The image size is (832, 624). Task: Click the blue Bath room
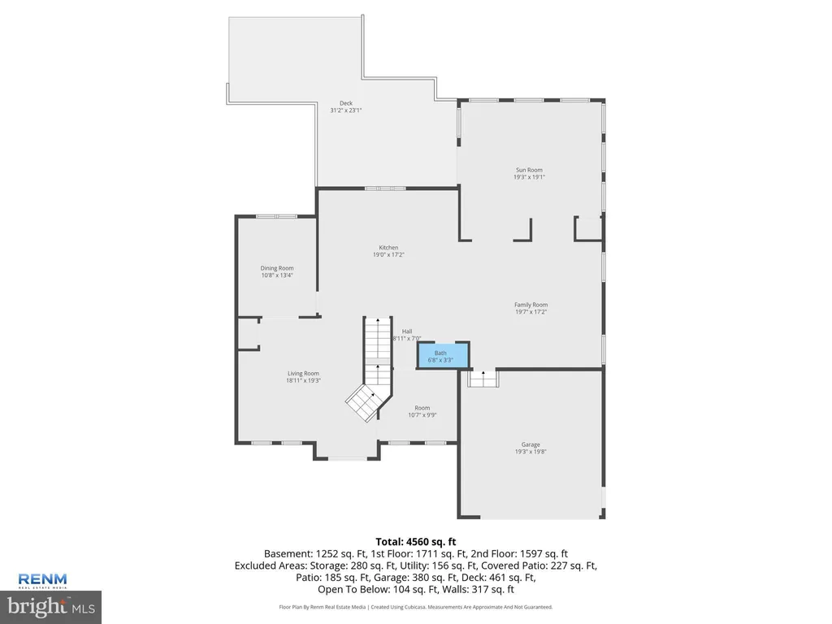(443, 356)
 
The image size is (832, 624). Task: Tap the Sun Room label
(529, 171)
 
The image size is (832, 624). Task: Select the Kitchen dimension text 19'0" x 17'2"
(388, 254)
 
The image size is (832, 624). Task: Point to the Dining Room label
(277, 268)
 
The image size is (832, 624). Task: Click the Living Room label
(304, 374)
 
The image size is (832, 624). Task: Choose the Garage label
(531, 444)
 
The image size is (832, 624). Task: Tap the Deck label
(346, 103)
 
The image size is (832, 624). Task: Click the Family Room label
(531, 305)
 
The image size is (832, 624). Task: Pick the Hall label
(407, 331)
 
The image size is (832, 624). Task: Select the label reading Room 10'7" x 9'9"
(422, 412)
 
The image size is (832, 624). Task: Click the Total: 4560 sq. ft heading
(416, 542)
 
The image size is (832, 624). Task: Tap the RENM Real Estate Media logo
(42, 581)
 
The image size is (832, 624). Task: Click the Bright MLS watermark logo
(50, 607)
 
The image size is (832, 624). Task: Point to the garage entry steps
(483, 379)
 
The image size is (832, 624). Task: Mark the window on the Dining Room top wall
(276, 216)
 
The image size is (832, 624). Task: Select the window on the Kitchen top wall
(385, 188)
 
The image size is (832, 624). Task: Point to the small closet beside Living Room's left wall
(248, 334)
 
